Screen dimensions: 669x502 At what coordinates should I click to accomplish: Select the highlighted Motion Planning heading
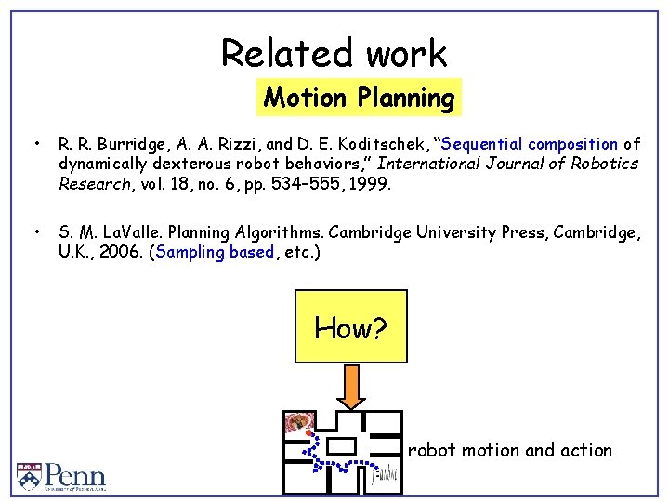click(x=359, y=98)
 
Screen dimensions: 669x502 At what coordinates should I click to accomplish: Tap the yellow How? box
click(x=350, y=326)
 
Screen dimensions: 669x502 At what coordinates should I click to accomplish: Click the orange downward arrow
click(x=351, y=387)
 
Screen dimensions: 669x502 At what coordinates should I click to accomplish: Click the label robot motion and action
click(x=509, y=451)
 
